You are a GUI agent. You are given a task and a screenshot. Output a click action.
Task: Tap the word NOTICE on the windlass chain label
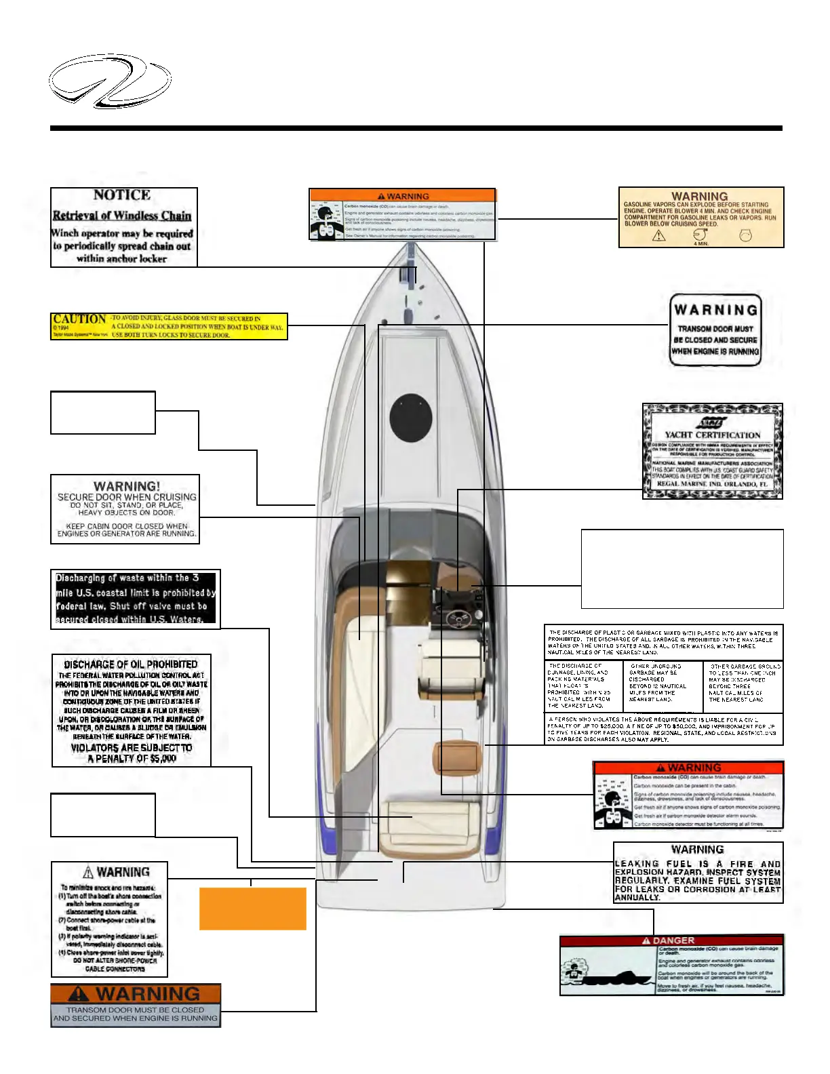point(122,195)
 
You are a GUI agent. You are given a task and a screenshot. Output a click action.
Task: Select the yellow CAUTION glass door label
point(169,326)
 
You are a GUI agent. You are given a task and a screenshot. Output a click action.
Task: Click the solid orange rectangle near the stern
point(252,908)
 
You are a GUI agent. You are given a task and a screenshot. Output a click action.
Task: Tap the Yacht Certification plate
point(712,452)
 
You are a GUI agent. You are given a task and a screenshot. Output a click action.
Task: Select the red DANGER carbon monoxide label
point(671,965)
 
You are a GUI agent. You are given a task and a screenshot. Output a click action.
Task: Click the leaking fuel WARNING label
point(698,873)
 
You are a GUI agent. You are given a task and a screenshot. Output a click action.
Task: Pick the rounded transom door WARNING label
point(715,330)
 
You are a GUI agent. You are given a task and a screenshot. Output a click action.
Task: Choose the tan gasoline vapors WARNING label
point(701,217)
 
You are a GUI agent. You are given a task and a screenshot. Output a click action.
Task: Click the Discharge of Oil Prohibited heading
point(131,664)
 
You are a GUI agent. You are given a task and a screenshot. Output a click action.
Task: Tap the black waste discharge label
point(136,598)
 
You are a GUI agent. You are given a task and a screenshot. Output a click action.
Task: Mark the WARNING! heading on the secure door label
point(127,486)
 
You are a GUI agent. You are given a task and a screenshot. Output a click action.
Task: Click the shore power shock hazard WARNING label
point(109,919)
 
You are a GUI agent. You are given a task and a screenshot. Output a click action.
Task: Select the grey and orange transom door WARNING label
point(136,1006)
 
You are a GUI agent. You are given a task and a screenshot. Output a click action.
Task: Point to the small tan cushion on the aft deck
point(457,757)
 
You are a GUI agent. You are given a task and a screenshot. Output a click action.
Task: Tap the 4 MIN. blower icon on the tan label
point(701,237)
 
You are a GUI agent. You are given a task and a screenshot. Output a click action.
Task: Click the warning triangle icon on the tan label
point(658,236)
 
